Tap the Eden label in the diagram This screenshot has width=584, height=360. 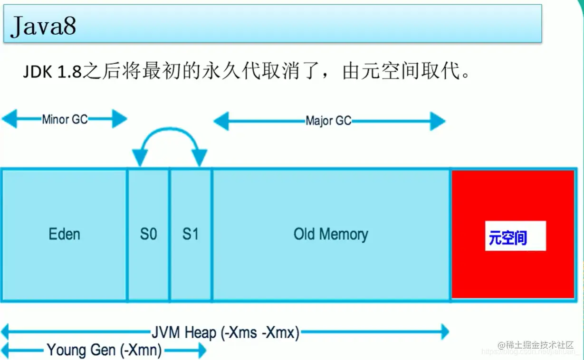pyautogui.click(x=64, y=234)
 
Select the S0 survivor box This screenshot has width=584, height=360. pyautogui.click(x=148, y=234)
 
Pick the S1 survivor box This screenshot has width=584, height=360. pyautogui.click(x=191, y=234)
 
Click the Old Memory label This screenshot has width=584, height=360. pyautogui.click(x=331, y=234)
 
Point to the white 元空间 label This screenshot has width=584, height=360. pyautogui.click(x=515, y=236)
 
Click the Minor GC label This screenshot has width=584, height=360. pyautogui.click(x=65, y=119)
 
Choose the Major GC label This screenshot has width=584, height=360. pyautogui.click(x=328, y=121)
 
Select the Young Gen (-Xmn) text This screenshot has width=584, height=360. pyautogui.click(x=104, y=351)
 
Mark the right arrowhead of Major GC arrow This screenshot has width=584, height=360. pyautogui.click(x=439, y=122)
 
